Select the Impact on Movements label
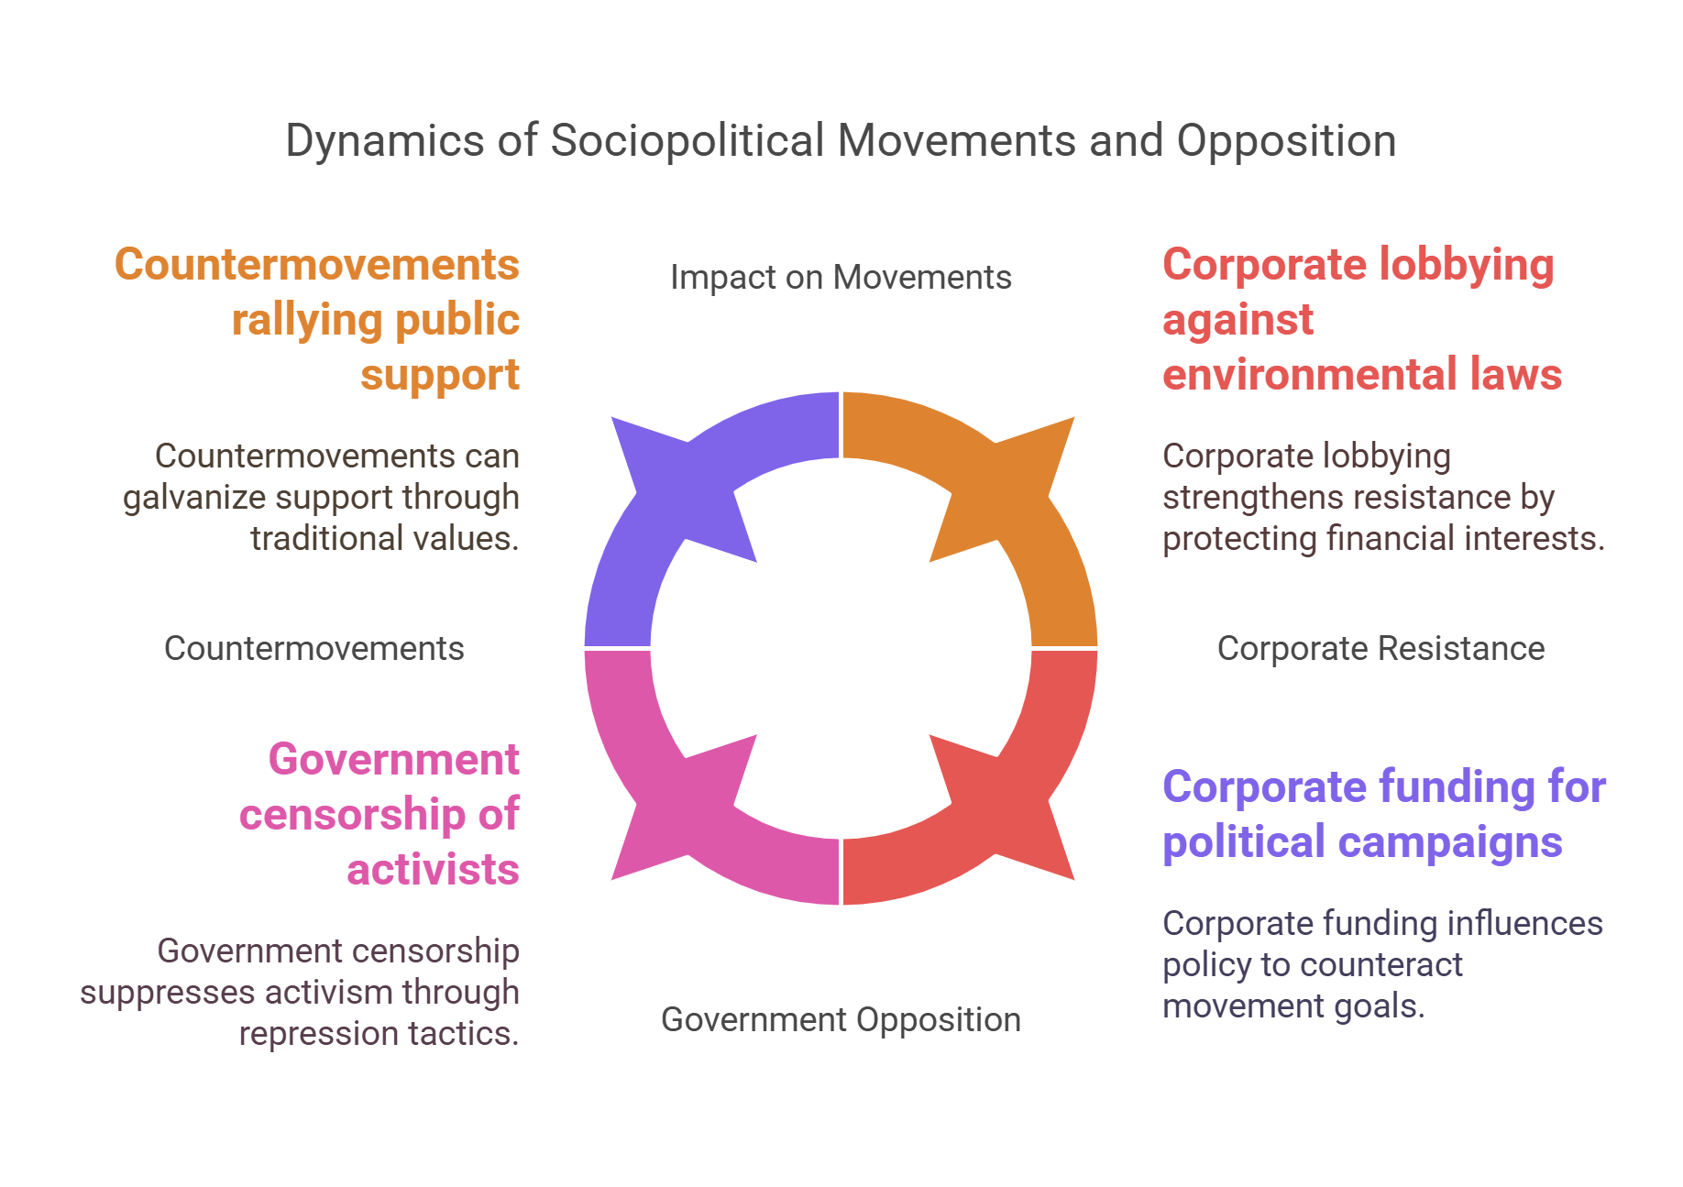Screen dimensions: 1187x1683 [841, 278]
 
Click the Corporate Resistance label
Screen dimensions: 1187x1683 [1380, 649]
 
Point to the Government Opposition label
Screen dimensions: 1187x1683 [841, 1020]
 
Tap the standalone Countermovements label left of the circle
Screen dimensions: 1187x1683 [313, 649]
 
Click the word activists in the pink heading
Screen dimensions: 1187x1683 [433, 870]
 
